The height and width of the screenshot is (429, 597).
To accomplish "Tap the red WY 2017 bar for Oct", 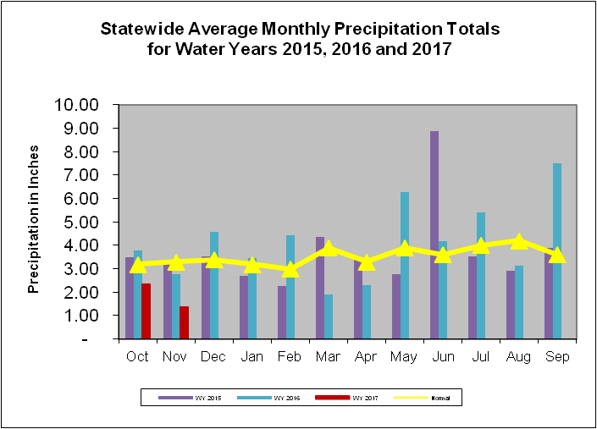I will (x=146, y=311).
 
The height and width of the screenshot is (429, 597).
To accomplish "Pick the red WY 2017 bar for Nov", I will (x=184, y=322).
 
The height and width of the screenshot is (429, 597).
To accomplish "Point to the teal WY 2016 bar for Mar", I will (x=328, y=316).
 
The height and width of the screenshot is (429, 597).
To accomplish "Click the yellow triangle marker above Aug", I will (x=518, y=242).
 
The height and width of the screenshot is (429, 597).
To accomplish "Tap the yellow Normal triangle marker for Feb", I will (x=290, y=269).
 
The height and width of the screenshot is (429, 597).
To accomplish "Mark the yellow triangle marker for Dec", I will (x=214, y=260).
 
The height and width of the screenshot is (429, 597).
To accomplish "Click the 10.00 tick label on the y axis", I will (x=76, y=105).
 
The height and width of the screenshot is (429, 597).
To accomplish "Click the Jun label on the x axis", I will (x=443, y=357).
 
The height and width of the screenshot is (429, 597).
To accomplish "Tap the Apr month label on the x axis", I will (x=367, y=357).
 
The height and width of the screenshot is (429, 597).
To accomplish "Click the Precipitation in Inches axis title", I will (x=35, y=221).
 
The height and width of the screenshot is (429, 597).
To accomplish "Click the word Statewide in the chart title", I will (x=140, y=29).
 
